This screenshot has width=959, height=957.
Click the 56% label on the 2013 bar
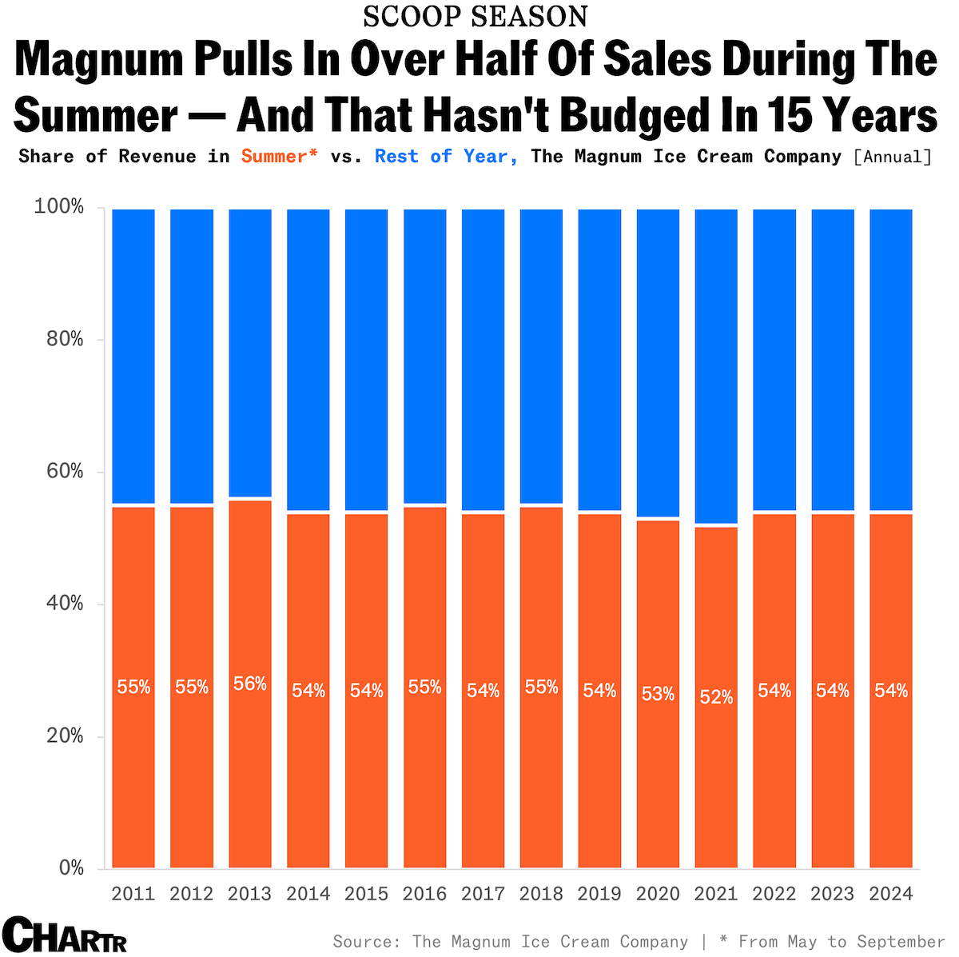click(250, 684)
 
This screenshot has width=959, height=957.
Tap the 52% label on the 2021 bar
click(716, 697)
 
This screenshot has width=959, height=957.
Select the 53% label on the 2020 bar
click(658, 694)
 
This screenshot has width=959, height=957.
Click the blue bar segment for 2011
click(133, 356)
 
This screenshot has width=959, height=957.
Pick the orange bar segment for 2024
click(891, 768)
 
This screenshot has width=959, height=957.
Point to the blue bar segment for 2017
click(483, 360)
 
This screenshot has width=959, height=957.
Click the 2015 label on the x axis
click(367, 893)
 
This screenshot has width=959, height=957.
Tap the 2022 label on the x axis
click(774, 893)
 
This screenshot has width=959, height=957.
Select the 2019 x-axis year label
click(599, 893)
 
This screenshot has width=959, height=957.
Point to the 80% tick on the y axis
click(65, 340)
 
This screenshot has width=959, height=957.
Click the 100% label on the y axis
click(59, 207)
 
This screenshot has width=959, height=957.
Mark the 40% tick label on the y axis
click(65, 604)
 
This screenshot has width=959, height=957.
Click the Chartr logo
click(65, 935)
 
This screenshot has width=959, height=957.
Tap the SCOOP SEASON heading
click(476, 17)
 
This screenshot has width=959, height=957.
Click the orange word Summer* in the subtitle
click(279, 156)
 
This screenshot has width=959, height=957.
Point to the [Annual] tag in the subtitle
click(893, 156)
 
